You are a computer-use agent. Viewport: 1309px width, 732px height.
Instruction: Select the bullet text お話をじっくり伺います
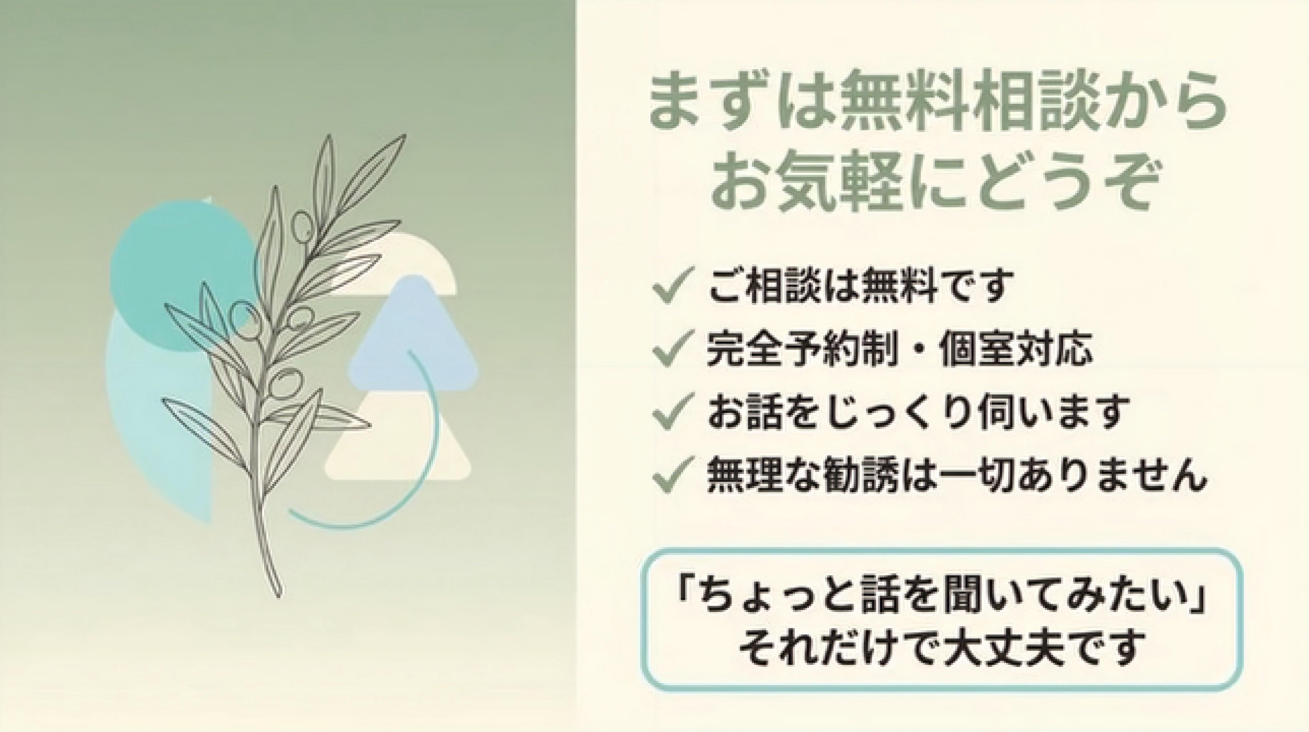pyautogui.click(x=917, y=411)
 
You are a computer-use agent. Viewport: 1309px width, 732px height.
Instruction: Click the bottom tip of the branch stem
pyautogui.click(x=278, y=596)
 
